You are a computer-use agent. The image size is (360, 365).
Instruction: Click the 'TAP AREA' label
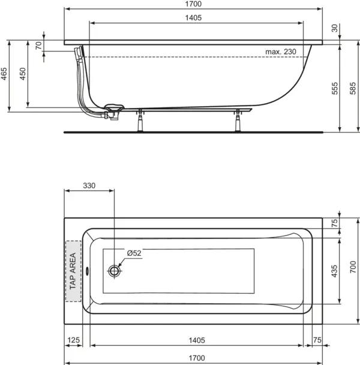(73, 271)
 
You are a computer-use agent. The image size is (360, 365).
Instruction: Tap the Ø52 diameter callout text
(134, 253)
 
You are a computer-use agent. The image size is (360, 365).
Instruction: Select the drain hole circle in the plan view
(114, 271)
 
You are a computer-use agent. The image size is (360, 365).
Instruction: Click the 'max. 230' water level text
(281, 52)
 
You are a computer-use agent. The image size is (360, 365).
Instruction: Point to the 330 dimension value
(89, 186)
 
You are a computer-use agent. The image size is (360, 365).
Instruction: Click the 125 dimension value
(73, 340)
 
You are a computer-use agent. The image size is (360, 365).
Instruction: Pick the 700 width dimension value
(353, 267)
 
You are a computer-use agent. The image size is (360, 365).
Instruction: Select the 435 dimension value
(334, 271)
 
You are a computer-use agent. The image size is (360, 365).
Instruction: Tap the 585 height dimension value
(353, 88)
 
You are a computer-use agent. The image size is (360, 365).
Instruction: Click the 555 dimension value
(335, 88)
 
